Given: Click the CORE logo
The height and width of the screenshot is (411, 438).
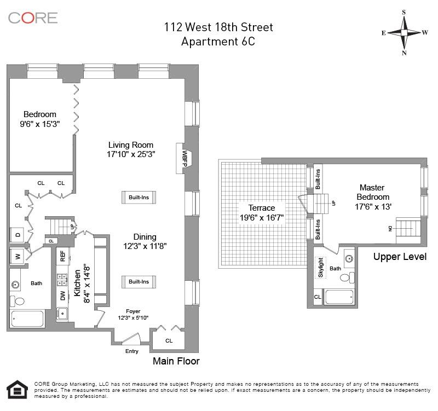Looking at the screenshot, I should tap(32, 18).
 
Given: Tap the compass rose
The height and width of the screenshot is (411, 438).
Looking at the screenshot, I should tap(404, 32).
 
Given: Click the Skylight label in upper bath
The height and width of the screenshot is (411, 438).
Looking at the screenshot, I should tap(321, 268).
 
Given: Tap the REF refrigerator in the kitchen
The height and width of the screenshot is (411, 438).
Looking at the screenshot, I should tap(62, 256).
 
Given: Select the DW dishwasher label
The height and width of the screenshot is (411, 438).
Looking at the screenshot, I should tap(62, 296).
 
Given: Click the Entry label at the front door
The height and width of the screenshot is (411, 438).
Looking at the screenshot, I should tap(131, 351).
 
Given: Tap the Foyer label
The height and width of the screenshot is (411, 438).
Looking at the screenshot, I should tap(133, 311).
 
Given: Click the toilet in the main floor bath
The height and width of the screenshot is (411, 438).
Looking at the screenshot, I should tap(19, 301).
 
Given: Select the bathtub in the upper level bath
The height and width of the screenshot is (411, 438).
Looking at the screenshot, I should tap(340, 297).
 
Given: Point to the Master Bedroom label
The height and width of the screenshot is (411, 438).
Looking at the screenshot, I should tap(373, 192).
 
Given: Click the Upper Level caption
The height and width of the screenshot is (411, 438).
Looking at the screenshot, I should tap(399, 256).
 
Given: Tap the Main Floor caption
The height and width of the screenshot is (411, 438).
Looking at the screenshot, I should tap(176, 361).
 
